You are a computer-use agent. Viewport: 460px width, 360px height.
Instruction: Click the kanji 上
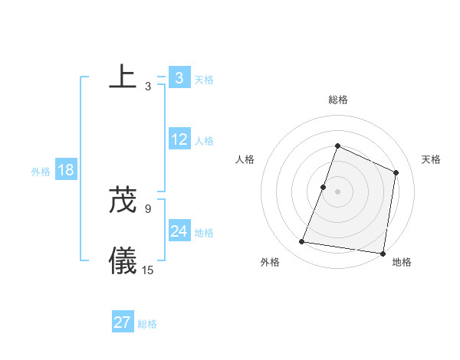tap(123, 76)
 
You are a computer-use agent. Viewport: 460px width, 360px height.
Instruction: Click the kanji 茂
tap(123, 200)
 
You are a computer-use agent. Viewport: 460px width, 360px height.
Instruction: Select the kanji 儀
tap(123, 260)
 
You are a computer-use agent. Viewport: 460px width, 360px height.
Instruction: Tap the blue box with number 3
tap(179, 78)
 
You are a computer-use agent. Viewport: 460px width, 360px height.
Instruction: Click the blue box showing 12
tap(179, 140)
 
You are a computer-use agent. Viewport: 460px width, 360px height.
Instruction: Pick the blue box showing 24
tap(179, 231)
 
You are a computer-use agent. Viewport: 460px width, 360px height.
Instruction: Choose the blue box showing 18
tap(66, 170)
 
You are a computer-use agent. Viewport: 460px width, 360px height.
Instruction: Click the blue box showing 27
tap(122, 322)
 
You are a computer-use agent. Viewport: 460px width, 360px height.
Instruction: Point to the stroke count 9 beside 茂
tap(148, 208)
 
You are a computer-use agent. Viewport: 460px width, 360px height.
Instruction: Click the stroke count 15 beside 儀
tap(148, 270)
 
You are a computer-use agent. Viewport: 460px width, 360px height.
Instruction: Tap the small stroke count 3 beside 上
tap(148, 87)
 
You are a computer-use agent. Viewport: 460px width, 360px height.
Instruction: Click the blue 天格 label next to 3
tap(204, 79)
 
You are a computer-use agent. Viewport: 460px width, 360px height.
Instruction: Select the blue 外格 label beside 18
tap(41, 172)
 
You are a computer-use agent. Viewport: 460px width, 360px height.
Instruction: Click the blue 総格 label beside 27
tap(147, 324)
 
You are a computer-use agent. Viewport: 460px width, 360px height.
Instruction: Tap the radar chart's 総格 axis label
tap(337, 100)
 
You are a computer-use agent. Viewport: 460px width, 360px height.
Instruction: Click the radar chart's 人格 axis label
tap(245, 159)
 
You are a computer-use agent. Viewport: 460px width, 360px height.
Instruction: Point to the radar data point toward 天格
tap(396, 172)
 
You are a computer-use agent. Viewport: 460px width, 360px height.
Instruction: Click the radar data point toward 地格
tap(383, 253)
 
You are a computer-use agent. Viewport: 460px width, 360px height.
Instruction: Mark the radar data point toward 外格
tap(302, 242)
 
